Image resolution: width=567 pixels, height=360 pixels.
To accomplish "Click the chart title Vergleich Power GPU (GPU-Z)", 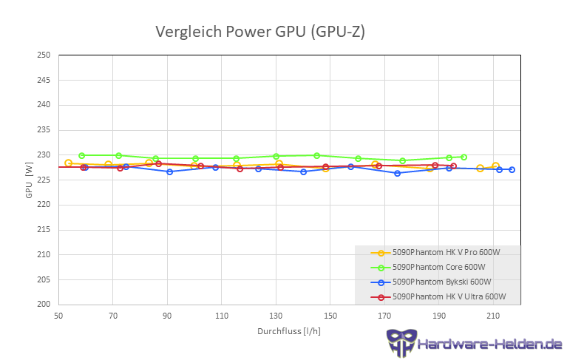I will (259, 32).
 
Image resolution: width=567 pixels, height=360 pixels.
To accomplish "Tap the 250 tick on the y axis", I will (44, 55).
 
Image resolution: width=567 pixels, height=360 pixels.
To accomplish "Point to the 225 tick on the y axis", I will (44, 180).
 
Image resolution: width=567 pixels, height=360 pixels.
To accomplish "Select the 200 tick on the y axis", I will (44, 304).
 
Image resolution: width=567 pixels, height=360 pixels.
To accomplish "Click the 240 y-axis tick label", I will (44, 105).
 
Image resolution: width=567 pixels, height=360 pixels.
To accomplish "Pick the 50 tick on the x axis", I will (58, 315).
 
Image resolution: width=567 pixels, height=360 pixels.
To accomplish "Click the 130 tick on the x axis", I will (276, 315).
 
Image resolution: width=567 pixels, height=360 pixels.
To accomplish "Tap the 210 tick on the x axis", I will (493, 315).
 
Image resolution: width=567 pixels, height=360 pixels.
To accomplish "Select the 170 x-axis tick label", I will (384, 315).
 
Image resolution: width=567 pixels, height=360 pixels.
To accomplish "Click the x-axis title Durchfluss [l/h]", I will (288, 330).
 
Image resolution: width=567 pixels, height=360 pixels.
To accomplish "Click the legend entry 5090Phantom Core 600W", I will (438, 267).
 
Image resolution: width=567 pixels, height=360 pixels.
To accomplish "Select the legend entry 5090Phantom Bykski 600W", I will (441, 282).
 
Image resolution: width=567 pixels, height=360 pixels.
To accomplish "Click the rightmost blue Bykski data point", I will (512, 170).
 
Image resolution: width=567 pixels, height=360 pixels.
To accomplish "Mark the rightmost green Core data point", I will (464, 157).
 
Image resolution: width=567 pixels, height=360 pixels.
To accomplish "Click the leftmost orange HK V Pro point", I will (68, 163).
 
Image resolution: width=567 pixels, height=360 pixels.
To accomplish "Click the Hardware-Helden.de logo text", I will (489, 344).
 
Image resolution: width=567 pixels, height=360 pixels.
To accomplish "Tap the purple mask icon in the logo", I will (401, 343).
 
